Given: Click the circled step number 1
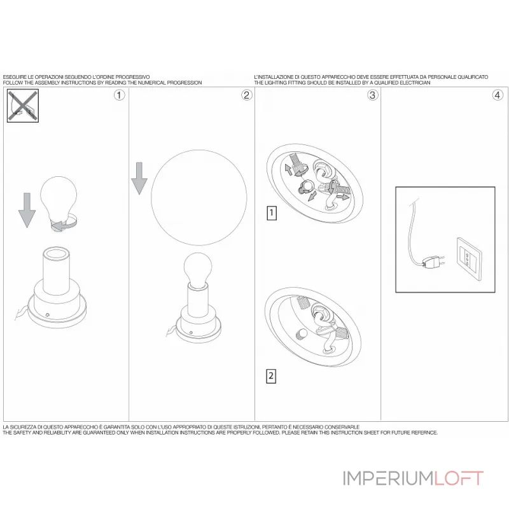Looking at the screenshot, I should (x=119, y=95).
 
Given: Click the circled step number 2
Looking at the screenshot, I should (x=246, y=95).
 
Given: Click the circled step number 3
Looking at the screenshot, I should (x=373, y=95).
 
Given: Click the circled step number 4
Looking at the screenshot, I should (x=498, y=95).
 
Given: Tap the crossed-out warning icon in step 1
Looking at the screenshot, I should (x=22, y=105).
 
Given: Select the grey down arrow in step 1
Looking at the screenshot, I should (x=26, y=210).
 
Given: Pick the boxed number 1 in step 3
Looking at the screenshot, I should (x=272, y=213).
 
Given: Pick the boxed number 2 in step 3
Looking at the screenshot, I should (x=272, y=376).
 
